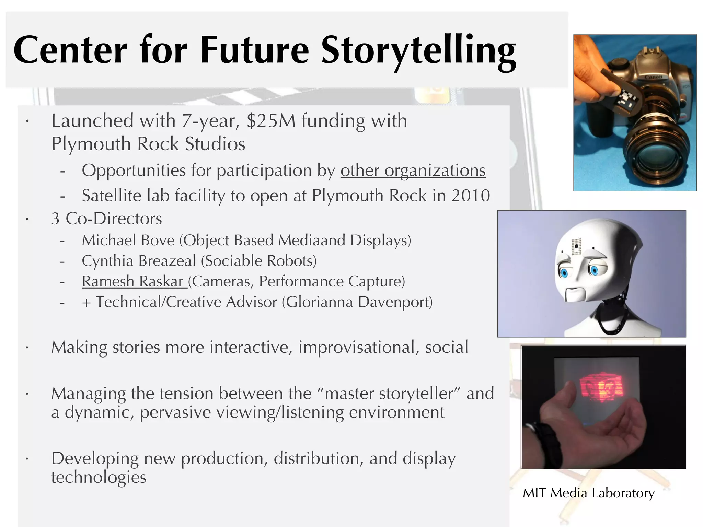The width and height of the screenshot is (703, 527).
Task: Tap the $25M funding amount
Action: click(x=271, y=121)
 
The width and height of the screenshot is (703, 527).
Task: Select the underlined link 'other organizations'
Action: click(x=413, y=171)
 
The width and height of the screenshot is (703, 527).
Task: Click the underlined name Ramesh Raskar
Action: click(x=134, y=282)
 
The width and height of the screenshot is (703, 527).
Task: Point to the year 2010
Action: click(x=471, y=196)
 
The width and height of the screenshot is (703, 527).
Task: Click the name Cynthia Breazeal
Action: click(x=139, y=261)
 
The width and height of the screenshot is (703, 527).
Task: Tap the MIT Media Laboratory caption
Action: click(x=588, y=493)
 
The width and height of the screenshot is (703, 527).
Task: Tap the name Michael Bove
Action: click(x=128, y=241)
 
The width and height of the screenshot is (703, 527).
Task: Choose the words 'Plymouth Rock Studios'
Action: click(x=148, y=144)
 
